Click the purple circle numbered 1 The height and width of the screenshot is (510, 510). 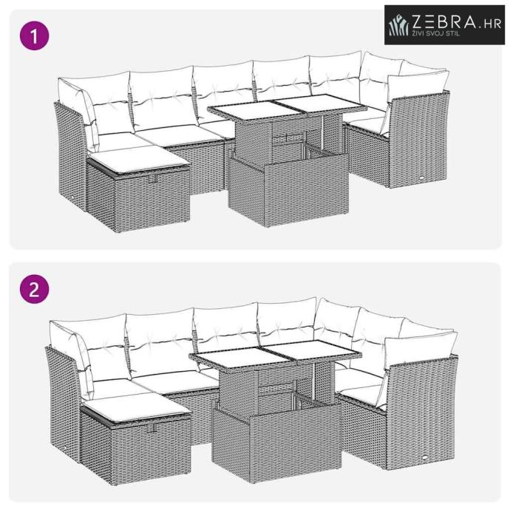pos(35,35)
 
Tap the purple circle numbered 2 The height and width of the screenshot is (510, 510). pos(35,289)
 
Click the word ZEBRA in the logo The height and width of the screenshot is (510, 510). pos(444,21)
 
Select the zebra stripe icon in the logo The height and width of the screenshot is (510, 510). pos(398,24)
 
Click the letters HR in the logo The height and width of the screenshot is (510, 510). pos(493,24)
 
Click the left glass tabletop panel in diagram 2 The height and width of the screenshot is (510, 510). pos(240,357)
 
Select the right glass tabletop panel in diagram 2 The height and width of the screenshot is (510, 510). pos(313,350)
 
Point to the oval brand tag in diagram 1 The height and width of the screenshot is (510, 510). pos(422,178)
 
